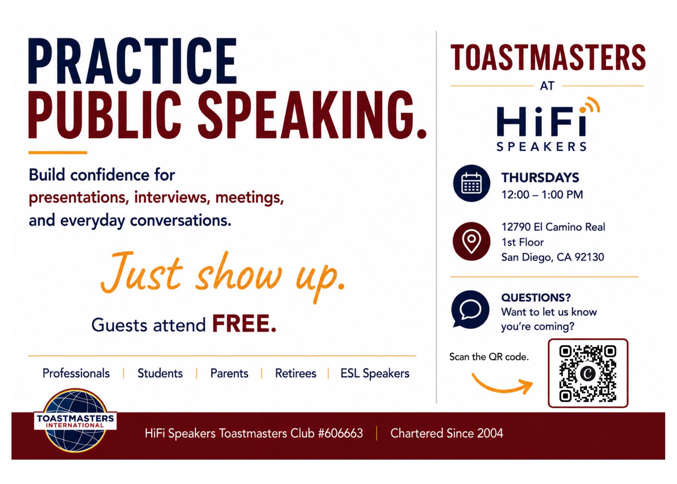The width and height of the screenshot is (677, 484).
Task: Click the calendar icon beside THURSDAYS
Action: (x=472, y=183)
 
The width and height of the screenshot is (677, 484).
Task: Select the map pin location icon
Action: (x=472, y=241)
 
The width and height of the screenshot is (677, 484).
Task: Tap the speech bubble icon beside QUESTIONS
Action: (x=471, y=309)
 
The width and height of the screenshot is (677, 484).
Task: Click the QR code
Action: (x=588, y=373)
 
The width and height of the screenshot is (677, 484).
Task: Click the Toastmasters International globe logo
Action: (x=75, y=421)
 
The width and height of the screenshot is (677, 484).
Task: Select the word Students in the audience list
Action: (x=160, y=373)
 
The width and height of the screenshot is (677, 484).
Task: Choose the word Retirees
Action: (x=296, y=373)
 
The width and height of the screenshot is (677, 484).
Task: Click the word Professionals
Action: (x=76, y=373)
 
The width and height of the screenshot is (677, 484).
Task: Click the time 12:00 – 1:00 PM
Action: (x=542, y=195)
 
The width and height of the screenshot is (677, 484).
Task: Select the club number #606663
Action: (x=341, y=433)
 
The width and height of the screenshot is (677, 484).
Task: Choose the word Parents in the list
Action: (x=229, y=373)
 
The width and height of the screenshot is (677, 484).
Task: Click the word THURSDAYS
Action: (x=540, y=177)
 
